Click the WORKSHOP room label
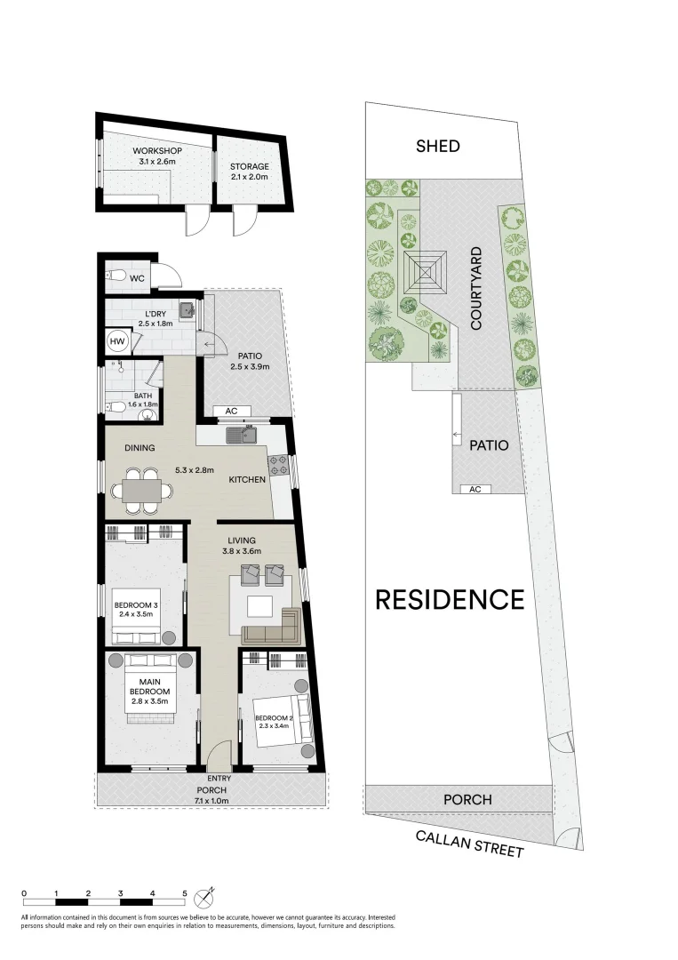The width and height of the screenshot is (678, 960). click(x=157, y=150)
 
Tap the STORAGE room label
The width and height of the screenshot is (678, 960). click(x=249, y=166)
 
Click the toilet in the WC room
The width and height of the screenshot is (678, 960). click(x=115, y=278)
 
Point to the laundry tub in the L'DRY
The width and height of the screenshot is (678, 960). click(x=186, y=310)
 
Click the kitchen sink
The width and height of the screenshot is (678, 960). click(x=241, y=436)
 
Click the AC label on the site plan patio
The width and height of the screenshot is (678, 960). click(x=475, y=489)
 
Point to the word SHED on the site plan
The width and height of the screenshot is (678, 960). click(x=438, y=146)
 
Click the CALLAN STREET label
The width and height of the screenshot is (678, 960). click(x=470, y=844)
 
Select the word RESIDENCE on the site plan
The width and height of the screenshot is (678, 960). click(x=450, y=600)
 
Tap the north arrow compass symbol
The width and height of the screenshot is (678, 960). click(x=210, y=893)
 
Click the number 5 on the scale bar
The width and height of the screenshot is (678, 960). click(x=185, y=892)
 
